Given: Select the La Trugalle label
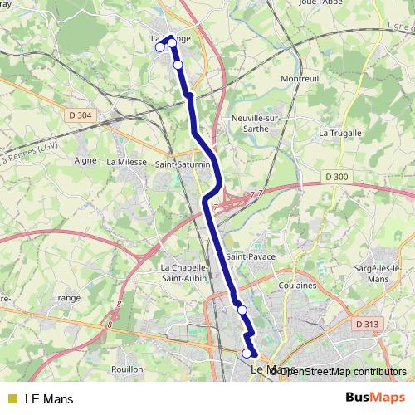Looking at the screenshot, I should (340, 133).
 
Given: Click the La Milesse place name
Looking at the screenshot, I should (126, 162).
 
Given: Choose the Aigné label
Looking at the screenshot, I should (86, 159).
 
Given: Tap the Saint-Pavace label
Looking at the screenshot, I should (251, 257).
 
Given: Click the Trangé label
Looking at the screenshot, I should (66, 297).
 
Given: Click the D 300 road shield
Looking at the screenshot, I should (337, 177).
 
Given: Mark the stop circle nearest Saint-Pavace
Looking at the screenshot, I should (242, 310).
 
